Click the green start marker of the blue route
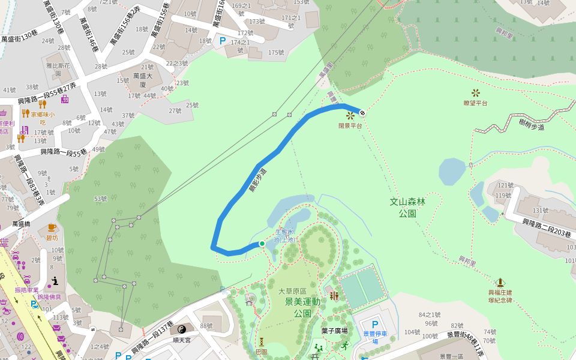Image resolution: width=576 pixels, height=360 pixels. (x=262, y=243)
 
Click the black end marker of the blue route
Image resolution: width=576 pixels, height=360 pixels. (x=362, y=112)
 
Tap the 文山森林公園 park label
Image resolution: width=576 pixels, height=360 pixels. (x=407, y=208)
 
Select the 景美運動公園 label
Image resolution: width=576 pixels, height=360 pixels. (x=302, y=307)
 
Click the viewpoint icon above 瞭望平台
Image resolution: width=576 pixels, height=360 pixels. (x=476, y=92)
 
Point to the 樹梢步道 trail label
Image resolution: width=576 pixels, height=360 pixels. (x=532, y=125)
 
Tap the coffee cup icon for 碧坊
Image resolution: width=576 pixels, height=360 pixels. (x=52, y=227)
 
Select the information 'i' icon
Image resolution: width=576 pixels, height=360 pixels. (x=55, y=280)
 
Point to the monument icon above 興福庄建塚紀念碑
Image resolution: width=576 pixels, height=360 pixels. (x=500, y=282)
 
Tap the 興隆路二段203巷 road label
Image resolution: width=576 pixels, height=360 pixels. (x=546, y=229)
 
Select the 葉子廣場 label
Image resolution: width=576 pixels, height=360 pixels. (x=334, y=331)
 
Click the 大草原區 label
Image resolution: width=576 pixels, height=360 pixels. (x=292, y=291)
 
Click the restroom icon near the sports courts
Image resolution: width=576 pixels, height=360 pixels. (x=334, y=295)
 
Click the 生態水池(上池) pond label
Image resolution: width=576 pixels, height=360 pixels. (x=285, y=235)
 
